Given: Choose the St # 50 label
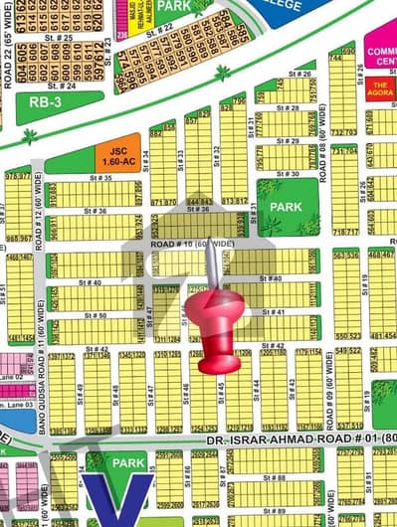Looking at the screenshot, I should click(97, 315).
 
